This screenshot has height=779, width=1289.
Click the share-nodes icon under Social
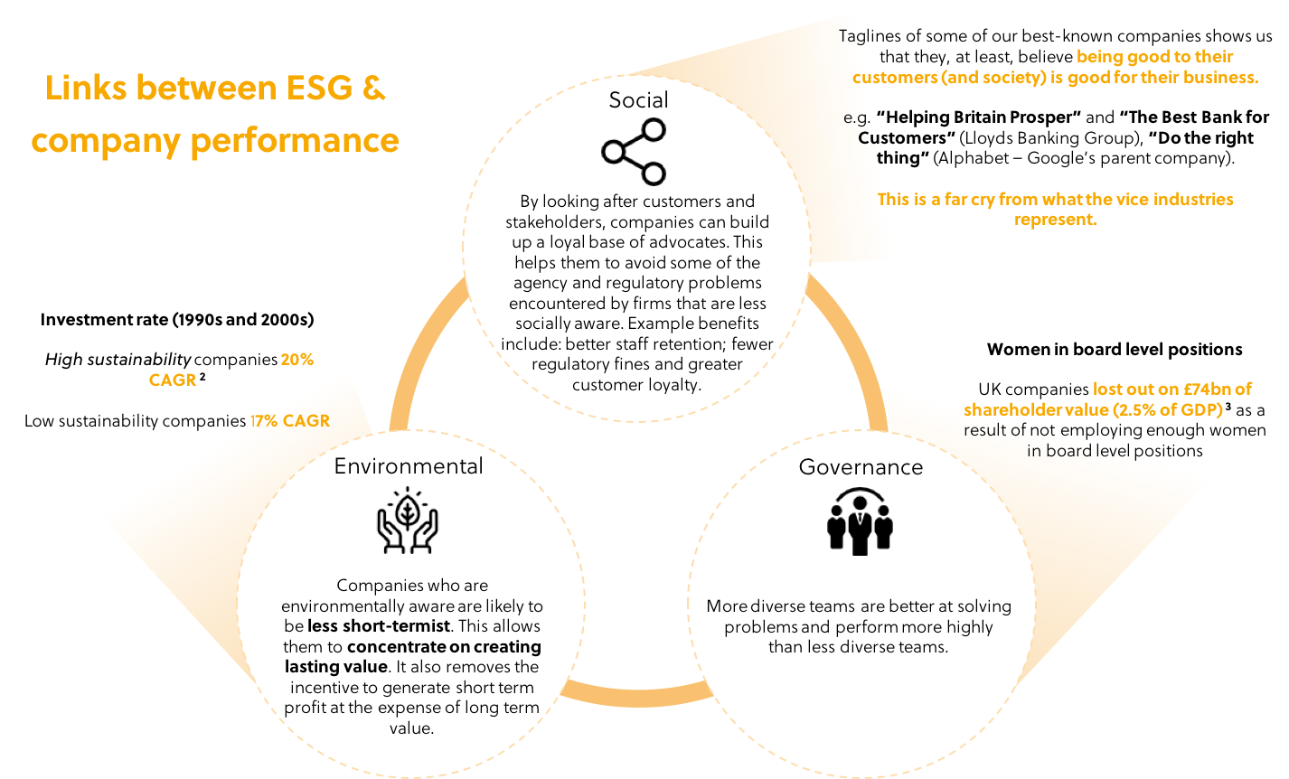(x=634, y=152)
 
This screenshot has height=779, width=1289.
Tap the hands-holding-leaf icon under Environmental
(x=408, y=521)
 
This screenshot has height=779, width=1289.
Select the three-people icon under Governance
(x=860, y=521)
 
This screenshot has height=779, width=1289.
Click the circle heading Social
(x=639, y=100)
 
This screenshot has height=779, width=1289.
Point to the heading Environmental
(x=409, y=466)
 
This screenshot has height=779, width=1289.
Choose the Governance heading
(x=861, y=466)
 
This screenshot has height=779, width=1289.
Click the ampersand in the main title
(x=374, y=88)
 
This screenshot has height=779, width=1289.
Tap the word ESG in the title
(x=319, y=88)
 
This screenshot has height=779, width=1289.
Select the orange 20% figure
(x=297, y=360)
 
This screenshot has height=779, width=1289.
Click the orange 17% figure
(x=264, y=421)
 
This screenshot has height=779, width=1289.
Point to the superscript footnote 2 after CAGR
(x=202, y=377)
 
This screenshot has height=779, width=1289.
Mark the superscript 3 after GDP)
(x=1228, y=407)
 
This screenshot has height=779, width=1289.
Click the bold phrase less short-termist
(x=379, y=626)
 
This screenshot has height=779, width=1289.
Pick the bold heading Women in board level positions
(x=1115, y=350)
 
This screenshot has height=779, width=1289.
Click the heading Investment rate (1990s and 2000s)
(x=177, y=320)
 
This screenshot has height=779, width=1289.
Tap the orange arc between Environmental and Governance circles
(x=636, y=696)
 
